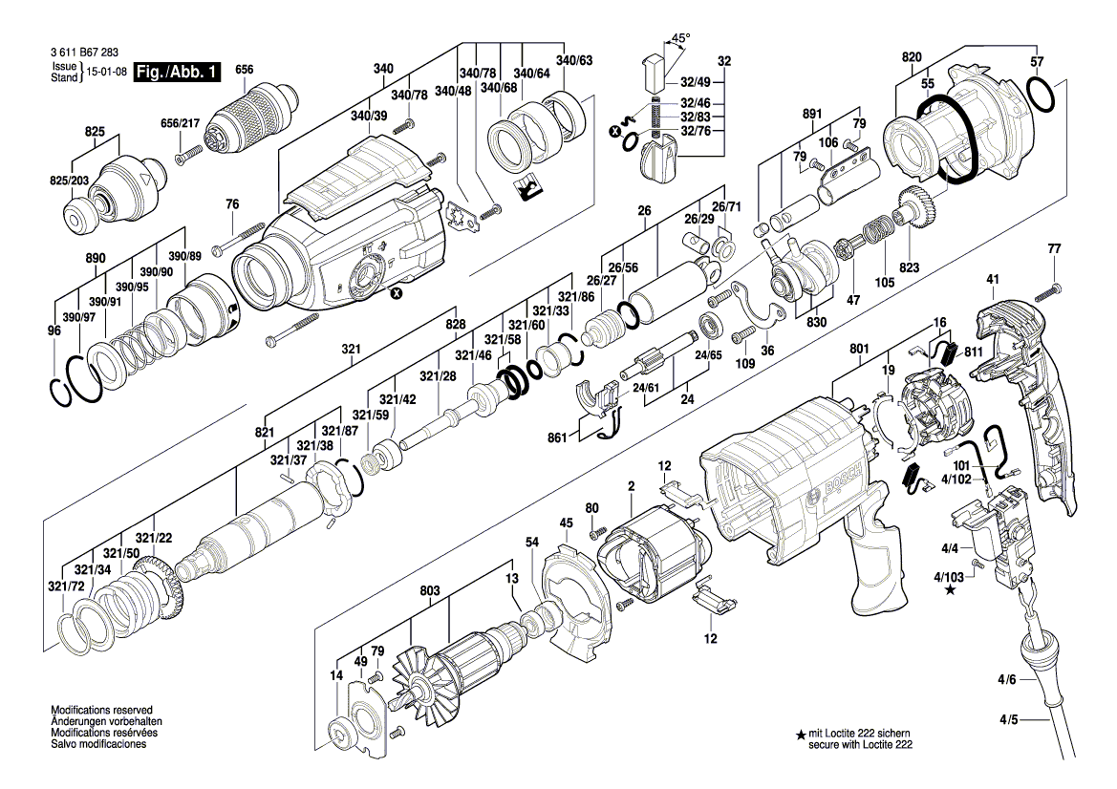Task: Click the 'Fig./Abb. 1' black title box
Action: click(177, 72)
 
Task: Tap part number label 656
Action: click(244, 69)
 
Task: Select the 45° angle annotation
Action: click(680, 38)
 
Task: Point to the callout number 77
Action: click(1054, 249)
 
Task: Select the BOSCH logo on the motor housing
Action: click(843, 480)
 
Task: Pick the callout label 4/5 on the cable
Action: click(1007, 720)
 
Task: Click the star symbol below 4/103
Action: click(950, 589)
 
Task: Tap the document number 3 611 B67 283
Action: click(85, 53)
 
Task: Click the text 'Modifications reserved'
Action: click(102, 710)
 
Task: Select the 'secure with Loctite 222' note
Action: click(860, 745)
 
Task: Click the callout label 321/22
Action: click(154, 539)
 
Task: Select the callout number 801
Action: click(859, 349)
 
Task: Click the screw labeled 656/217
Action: click(190, 155)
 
